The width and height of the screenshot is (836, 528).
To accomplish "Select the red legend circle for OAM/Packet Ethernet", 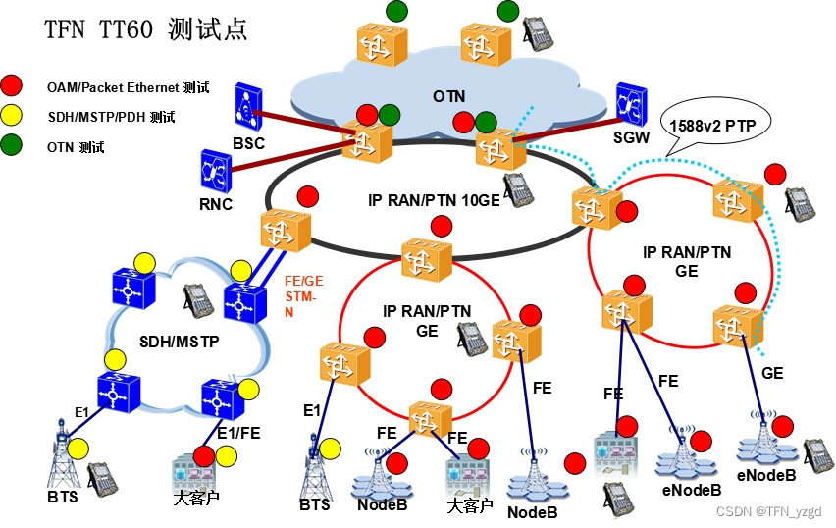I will [x=12, y=85].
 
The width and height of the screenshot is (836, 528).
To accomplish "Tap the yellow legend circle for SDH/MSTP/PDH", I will [x=12, y=116].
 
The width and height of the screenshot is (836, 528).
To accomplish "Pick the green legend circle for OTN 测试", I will [x=12, y=147].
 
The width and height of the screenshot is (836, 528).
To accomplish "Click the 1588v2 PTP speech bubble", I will [x=717, y=125].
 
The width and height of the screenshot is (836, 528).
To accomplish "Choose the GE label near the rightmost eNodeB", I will [x=773, y=373].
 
